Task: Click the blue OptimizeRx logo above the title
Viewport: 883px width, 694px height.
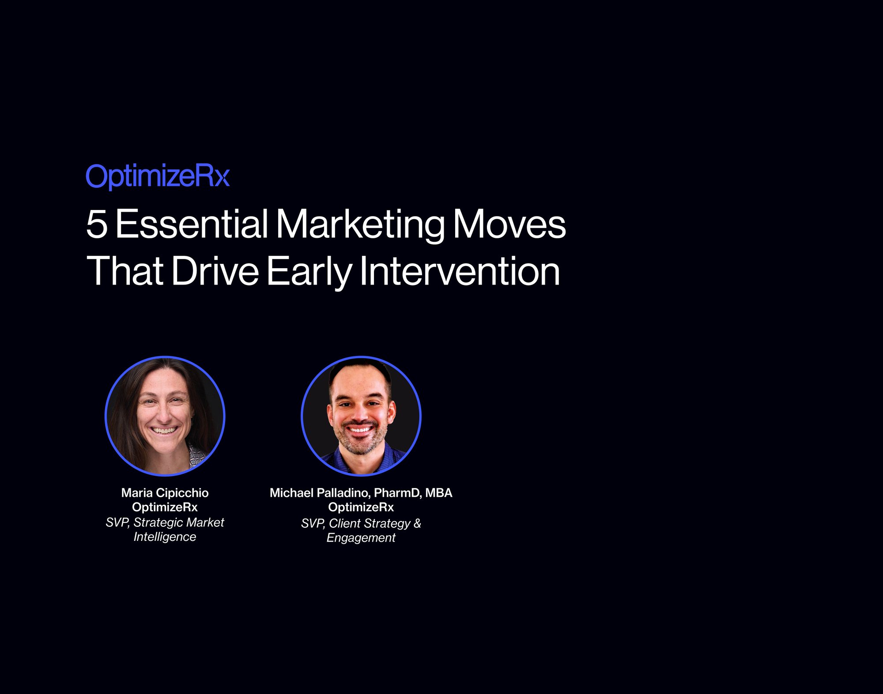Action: (x=158, y=176)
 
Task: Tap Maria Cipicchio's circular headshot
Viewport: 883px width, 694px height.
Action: (x=165, y=416)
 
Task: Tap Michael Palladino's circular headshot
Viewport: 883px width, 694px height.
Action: (x=361, y=416)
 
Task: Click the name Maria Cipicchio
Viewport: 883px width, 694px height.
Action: (x=165, y=493)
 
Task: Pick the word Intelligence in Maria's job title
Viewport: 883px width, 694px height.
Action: (x=165, y=537)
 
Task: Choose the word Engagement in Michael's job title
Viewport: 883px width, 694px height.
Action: (x=361, y=538)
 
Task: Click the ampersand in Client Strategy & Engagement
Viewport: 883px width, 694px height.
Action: (x=417, y=523)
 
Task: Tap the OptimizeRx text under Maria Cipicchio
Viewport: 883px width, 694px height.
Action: (x=165, y=507)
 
